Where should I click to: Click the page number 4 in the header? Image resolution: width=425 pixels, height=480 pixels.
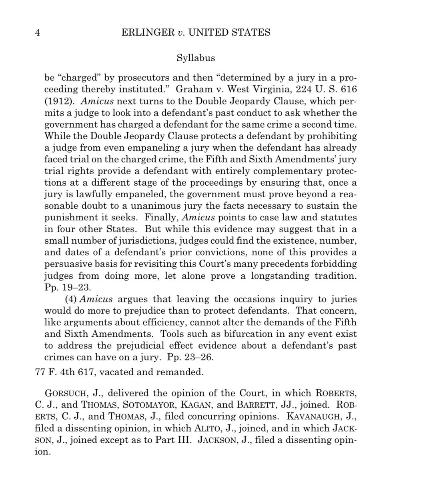pyautogui.click(x=38, y=33)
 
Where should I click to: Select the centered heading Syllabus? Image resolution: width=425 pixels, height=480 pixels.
pyautogui.click(x=196, y=58)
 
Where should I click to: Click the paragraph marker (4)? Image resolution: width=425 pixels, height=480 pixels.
pyautogui.click(x=72, y=300)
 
